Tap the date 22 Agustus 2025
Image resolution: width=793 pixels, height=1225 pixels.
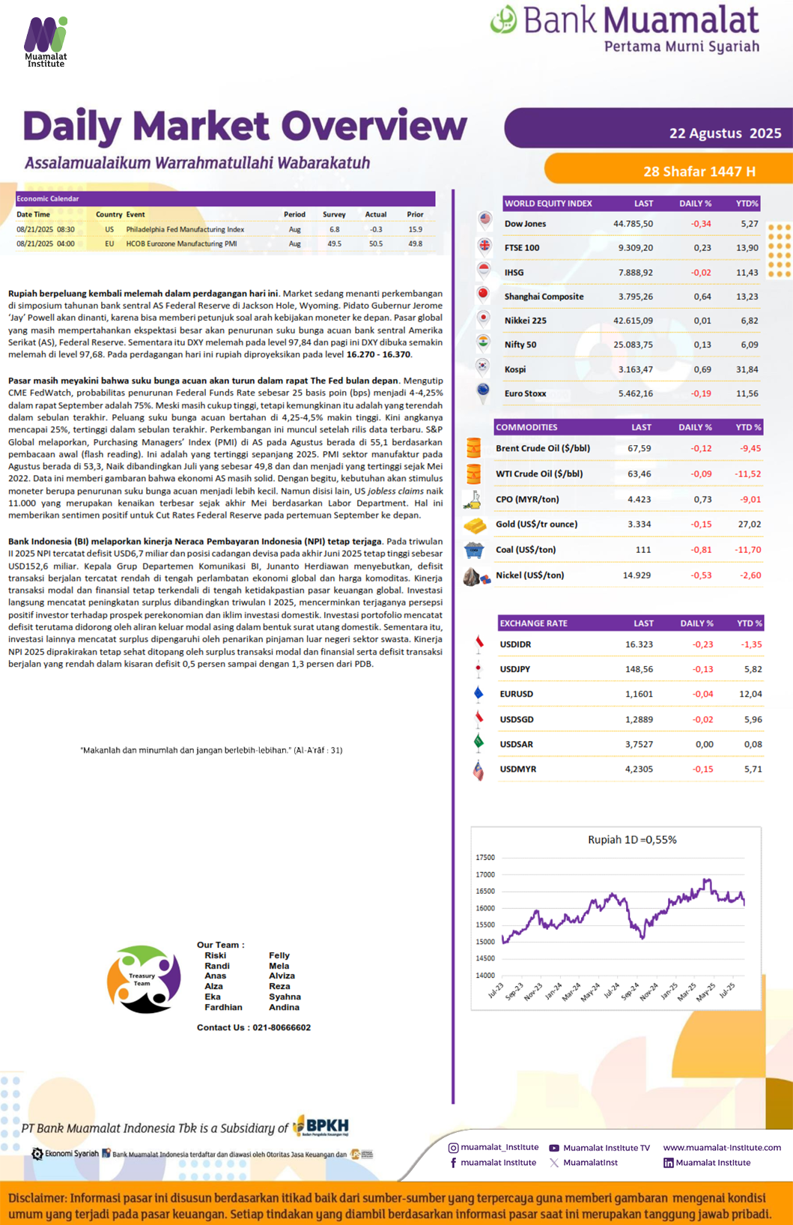tap(725, 133)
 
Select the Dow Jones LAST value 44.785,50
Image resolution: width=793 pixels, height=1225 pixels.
tap(633, 224)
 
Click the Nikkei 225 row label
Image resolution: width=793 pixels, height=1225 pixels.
tap(526, 321)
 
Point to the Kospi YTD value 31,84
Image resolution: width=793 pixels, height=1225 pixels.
tap(747, 369)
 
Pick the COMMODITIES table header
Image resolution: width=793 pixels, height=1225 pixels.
tap(526, 427)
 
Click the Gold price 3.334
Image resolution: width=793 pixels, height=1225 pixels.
tap(639, 524)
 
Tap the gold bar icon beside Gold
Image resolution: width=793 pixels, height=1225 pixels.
tap(475, 525)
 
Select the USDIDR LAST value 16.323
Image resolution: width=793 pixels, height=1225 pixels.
tap(639, 644)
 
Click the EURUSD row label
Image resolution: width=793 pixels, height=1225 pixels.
tap(517, 694)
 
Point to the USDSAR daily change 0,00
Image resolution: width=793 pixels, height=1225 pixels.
tap(704, 744)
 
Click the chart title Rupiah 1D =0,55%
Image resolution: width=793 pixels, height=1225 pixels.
tap(632, 840)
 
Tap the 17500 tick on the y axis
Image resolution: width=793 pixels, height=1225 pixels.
tap(485, 857)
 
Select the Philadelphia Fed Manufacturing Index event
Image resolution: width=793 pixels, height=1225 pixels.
tap(185, 229)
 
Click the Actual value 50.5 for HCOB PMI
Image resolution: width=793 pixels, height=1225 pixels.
tap(375, 244)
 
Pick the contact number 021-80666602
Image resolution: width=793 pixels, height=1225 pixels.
tap(282, 1027)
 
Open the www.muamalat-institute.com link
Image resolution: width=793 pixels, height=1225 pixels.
tap(722, 1147)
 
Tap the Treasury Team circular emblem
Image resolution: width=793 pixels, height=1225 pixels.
tap(144, 979)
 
